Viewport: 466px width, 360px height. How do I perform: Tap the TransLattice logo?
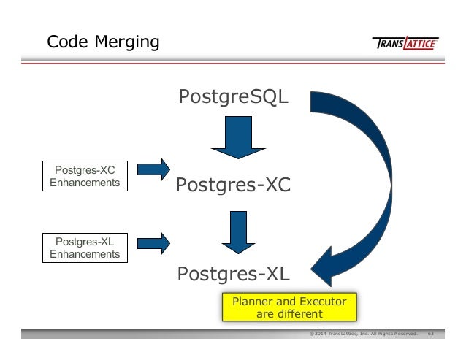(405, 43)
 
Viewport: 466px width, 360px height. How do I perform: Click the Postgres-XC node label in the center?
(233, 186)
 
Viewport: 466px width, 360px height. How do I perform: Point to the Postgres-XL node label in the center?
(233, 274)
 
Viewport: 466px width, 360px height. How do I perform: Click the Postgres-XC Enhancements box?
(85, 176)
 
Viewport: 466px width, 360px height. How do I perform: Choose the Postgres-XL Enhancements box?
(85, 248)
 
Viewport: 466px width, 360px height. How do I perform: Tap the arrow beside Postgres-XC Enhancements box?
(153, 169)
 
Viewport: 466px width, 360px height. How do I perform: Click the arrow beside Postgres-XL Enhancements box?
(153, 240)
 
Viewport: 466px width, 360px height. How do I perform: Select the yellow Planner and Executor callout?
(289, 307)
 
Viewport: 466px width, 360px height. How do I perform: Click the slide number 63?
(431, 334)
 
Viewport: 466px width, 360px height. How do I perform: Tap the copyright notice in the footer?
(362, 334)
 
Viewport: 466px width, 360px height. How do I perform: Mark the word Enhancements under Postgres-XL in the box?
(85, 254)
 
